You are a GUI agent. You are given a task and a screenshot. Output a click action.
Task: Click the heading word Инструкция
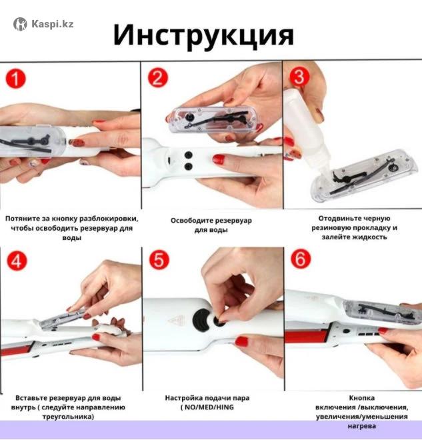203,35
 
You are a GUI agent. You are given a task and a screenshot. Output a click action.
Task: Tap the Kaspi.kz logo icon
20,24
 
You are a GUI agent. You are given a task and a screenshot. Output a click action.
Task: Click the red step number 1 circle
16,79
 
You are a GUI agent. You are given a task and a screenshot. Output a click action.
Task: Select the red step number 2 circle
158,78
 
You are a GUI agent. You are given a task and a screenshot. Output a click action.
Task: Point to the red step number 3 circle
299,77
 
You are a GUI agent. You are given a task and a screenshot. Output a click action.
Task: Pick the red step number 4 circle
17,261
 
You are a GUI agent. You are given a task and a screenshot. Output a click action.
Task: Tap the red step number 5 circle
159,259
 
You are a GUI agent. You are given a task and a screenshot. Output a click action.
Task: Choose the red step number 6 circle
301,259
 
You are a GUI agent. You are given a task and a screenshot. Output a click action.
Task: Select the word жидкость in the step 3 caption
369,237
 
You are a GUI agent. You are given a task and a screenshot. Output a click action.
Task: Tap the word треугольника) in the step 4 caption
68,417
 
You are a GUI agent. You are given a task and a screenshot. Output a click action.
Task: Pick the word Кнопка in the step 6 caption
362,398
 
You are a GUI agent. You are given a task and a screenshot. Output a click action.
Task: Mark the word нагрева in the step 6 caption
362,426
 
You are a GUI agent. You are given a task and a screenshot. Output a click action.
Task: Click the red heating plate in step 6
307,336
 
